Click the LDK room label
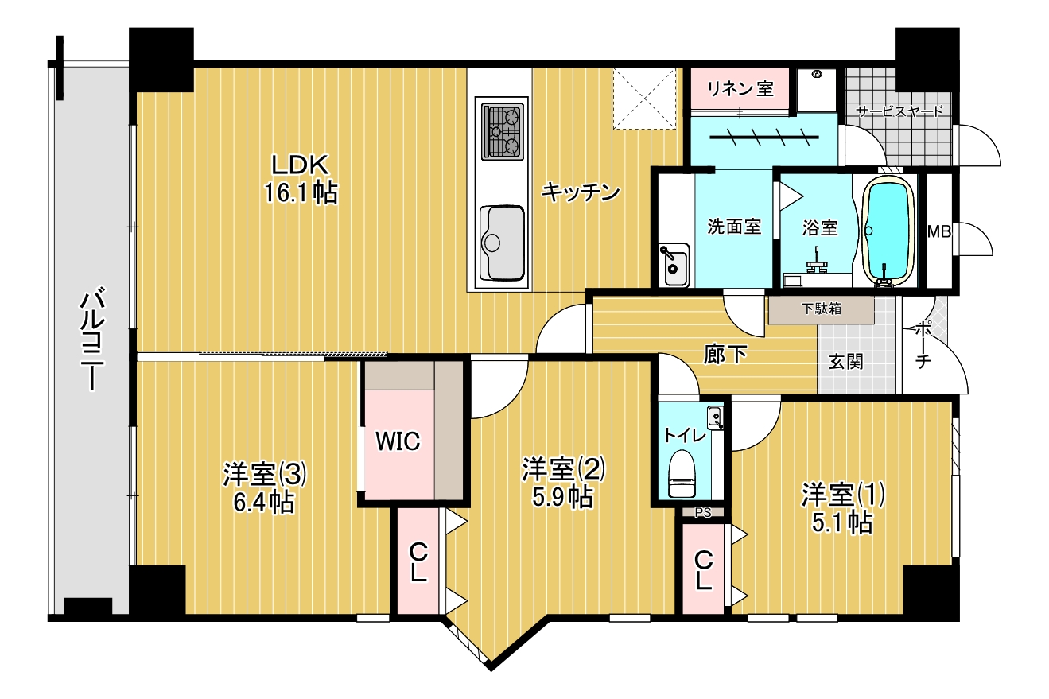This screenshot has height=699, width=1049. pos(301,165)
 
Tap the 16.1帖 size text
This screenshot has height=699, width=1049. pos(301,193)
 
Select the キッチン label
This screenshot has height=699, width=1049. pos(581,192)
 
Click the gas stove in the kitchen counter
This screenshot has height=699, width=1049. pos(503,131)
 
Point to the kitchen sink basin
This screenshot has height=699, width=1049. pos(502,243)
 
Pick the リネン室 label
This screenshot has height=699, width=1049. pos(740,88)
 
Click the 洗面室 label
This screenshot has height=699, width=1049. pos(734,227)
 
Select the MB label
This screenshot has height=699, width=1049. pos(939,231)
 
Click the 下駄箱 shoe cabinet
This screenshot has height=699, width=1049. pos(821,309)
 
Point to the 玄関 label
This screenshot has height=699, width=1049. pos(845,362)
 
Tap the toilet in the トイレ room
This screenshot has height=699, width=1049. pos(682,473)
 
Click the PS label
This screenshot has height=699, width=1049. pos(702,513)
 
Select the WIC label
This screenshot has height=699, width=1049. pos(398,441)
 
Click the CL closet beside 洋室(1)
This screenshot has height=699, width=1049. pos(703,569)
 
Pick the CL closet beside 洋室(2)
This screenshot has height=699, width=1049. pos(418,561)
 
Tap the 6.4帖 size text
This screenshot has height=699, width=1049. pos(264,503)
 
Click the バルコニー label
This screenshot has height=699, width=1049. pos(92,340)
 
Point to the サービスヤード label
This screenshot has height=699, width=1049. pos(899,111)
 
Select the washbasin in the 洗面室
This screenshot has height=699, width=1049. pos(674,265)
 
